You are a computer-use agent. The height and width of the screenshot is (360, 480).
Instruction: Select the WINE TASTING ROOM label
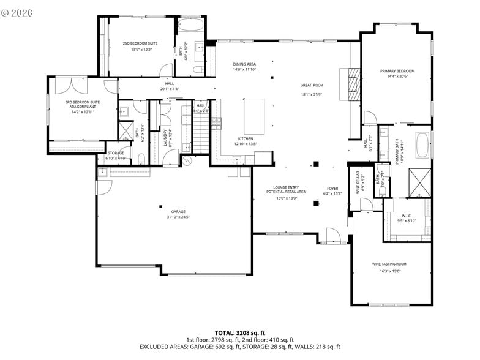tap(389, 264)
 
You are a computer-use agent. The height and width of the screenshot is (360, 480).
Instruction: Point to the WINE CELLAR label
tap(360, 181)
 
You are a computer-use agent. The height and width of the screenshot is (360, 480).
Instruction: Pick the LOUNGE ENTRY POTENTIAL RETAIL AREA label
tap(286, 192)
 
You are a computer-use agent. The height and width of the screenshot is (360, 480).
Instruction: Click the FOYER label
tap(332, 189)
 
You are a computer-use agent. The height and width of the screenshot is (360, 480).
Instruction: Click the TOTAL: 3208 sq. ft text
tap(240, 332)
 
